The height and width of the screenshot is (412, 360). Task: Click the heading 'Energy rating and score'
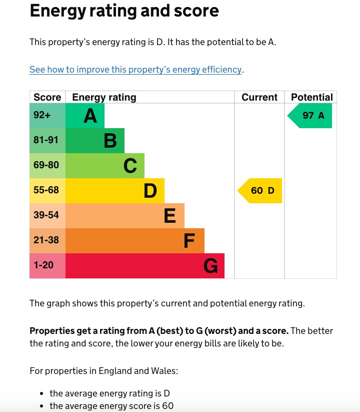tap(124, 11)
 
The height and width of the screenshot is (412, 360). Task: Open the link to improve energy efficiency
tap(135, 70)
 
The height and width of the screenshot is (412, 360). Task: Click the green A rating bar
tap(85, 116)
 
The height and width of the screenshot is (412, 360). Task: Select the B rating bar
tap(95, 141)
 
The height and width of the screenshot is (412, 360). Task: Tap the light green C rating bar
tap(105, 166)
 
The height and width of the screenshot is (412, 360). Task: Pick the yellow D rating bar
tap(115, 191)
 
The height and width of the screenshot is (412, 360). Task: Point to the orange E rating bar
tap(125, 216)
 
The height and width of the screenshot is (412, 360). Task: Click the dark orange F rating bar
tap(135, 241)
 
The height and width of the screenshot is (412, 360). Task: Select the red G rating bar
tap(145, 266)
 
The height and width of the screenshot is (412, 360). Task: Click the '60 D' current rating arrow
tap(260, 191)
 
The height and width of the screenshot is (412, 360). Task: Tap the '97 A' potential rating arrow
tap(311, 116)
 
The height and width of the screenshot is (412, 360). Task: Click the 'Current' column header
tap(259, 97)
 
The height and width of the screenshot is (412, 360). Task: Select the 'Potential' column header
tap(311, 97)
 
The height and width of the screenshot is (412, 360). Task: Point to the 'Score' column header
tap(47, 97)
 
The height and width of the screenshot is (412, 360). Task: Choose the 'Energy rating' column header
tap(104, 97)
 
